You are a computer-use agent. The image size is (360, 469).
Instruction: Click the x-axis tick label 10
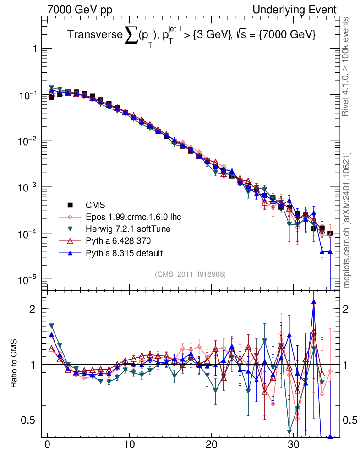129,446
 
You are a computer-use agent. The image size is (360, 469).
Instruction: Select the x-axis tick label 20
211,446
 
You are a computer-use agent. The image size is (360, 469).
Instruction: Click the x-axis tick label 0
47,446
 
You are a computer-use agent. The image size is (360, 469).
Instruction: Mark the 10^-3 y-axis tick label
28,187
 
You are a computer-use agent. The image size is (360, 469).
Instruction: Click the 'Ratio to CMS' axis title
14,364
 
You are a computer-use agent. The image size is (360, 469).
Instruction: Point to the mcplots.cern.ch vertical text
348,220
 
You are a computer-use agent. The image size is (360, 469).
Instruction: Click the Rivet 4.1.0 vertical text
348,66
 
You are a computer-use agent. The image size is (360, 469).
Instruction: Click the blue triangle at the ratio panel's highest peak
313,301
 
